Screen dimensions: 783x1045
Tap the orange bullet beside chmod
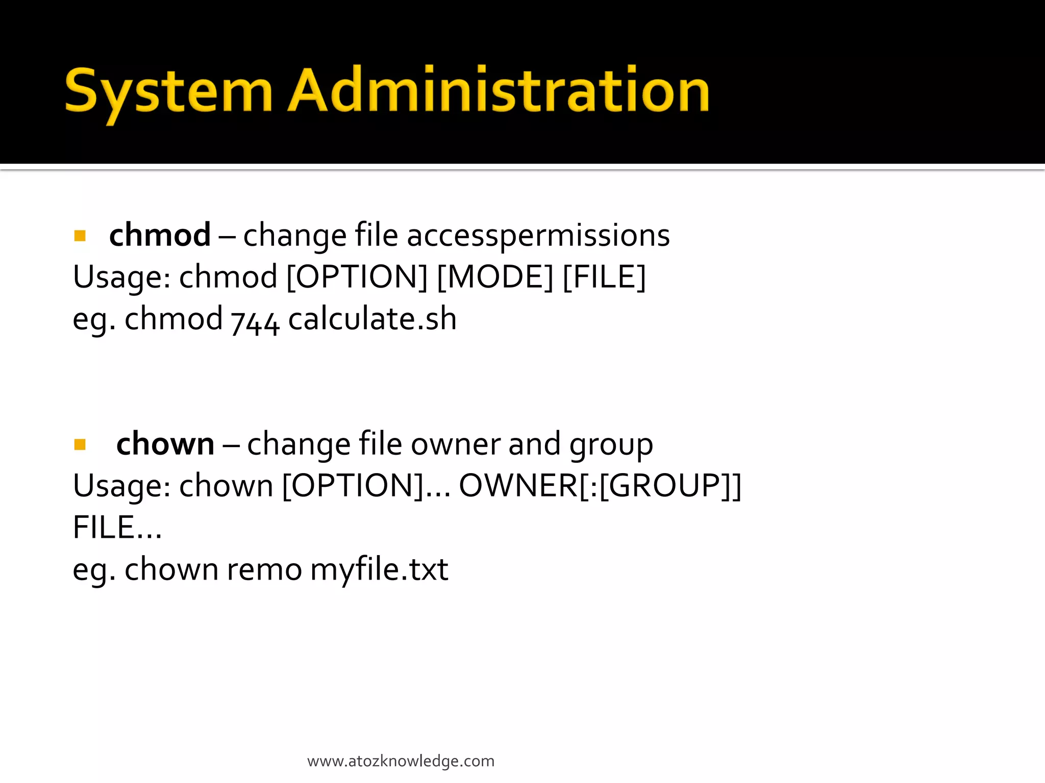(80, 236)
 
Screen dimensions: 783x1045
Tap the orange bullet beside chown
(80, 445)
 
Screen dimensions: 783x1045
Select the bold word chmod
(160, 235)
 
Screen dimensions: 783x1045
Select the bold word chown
(165, 444)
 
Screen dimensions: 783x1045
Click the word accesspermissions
(538, 236)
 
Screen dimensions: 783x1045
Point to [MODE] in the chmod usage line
(495, 277)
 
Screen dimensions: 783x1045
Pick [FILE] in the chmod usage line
(604, 277)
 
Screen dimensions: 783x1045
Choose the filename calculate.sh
(372, 319)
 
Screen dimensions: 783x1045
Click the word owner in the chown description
(456, 444)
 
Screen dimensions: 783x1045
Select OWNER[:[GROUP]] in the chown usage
(600, 486)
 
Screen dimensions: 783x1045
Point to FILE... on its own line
(117, 528)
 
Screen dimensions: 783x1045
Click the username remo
(264, 569)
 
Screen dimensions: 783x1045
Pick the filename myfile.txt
(379, 570)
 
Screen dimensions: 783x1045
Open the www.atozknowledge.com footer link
(401, 761)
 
